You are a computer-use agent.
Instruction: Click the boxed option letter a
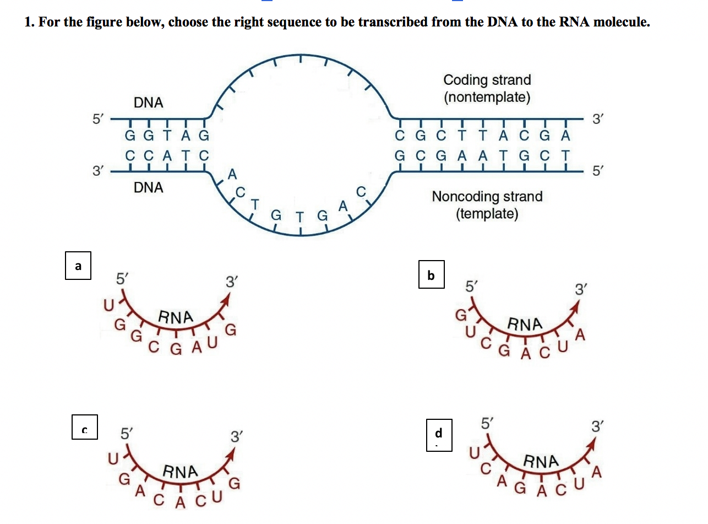(x=78, y=266)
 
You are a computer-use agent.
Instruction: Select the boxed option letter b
(x=431, y=275)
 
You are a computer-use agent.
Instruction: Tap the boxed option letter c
(x=85, y=428)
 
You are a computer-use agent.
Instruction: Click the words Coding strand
(x=487, y=80)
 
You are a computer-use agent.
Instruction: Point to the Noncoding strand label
(x=487, y=197)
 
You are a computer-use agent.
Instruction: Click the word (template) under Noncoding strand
(x=487, y=214)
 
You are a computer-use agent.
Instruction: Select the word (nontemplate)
(x=487, y=98)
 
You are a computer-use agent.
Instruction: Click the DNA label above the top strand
(x=148, y=102)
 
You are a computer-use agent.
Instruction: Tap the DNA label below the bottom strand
(x=148, y=187)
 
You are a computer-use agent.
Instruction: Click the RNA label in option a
(x=176, y=317)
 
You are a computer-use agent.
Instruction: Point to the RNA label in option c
(x=180, y=472)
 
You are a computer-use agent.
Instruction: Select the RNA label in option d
(x=541, y=461)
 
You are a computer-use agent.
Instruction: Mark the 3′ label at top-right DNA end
(x=597, y=118)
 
